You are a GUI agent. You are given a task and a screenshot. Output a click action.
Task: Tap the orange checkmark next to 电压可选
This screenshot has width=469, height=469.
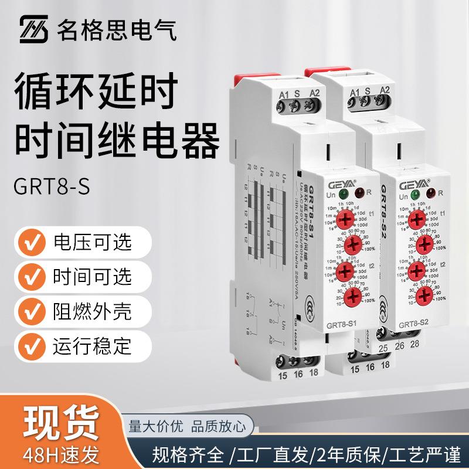(34, 242)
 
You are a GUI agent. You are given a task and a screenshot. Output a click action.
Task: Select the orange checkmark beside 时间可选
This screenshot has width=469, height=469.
(34, 276)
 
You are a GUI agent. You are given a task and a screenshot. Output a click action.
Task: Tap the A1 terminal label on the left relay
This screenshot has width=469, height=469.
(284, 91)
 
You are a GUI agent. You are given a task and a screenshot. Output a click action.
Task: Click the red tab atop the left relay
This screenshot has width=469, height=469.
(249, 76)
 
